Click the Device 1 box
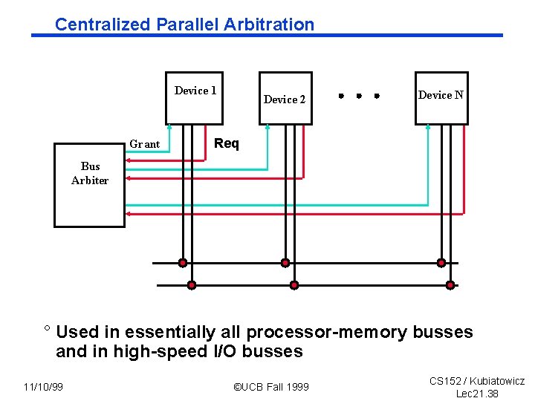click(194, 97)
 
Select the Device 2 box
click(285, 98)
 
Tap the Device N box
click(441, 97)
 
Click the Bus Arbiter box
click(89, 185)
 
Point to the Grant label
click(145, 144)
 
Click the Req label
click(227, 143)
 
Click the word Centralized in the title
click(103, 25)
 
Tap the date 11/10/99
click(43, 387)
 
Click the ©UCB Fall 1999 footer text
click(271, 387)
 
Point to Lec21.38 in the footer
click(477, 394)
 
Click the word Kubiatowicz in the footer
click(495, 381)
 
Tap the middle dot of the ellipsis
click(358, 96)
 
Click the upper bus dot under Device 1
click(183, 263)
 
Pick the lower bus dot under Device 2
click(294, 285)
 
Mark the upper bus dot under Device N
click(441, 263)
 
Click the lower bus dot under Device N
click(450, 285)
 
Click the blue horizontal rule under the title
click(267, 35)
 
